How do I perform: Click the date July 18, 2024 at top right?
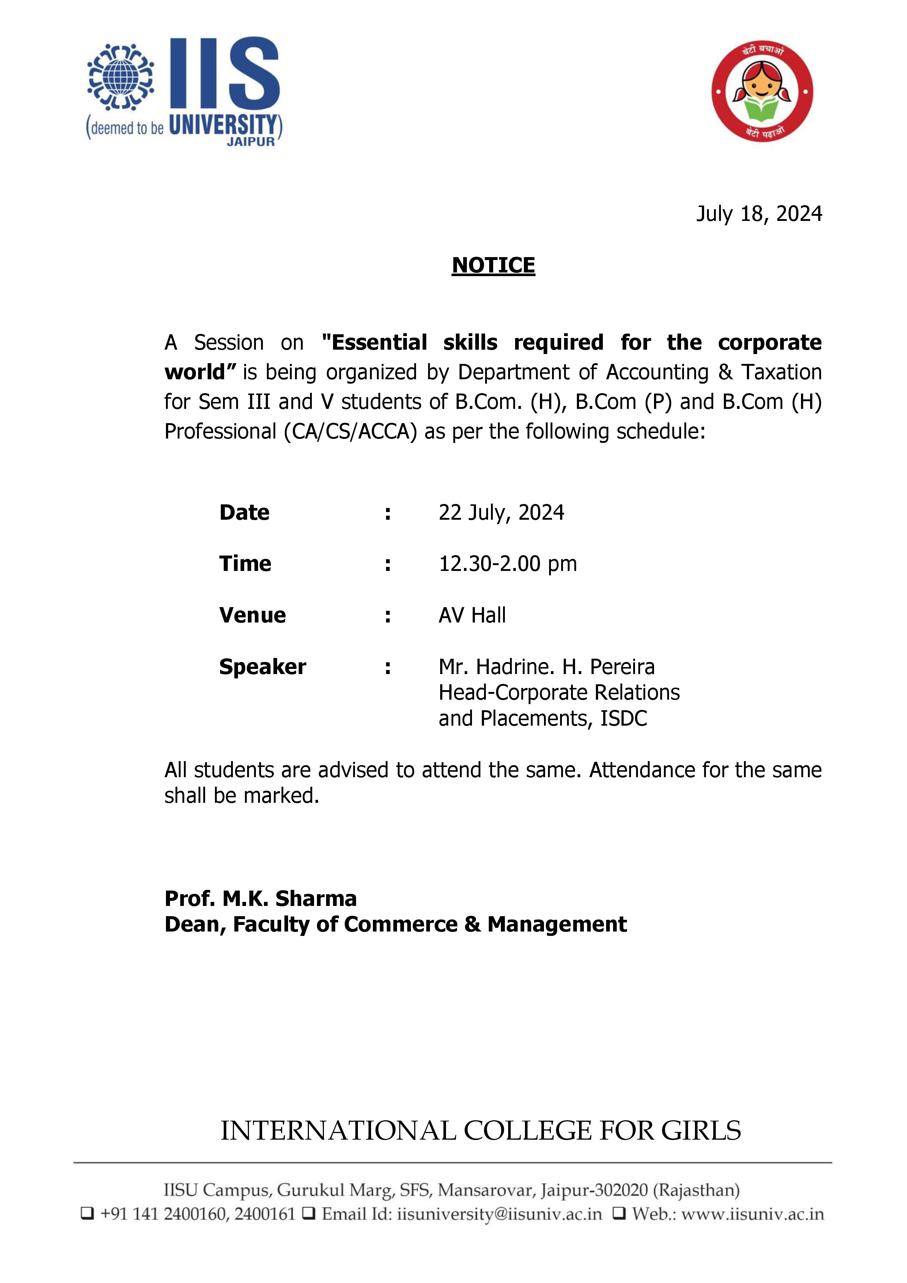point(759,214)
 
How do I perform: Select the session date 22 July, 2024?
point(501,512)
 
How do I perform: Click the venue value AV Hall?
point(472,615)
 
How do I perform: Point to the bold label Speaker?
point(262,667)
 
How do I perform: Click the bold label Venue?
point(253,615)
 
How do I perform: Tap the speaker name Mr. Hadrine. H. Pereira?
point(546,667)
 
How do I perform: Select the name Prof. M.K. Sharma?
point(260,899)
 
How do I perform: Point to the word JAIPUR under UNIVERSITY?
point(251,142)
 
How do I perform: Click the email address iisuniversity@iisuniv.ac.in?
point(499,1214)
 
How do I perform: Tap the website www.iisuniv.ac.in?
point(752,1214)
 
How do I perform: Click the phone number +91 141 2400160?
point(165,1214)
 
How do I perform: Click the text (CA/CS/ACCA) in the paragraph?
point(350,432)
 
